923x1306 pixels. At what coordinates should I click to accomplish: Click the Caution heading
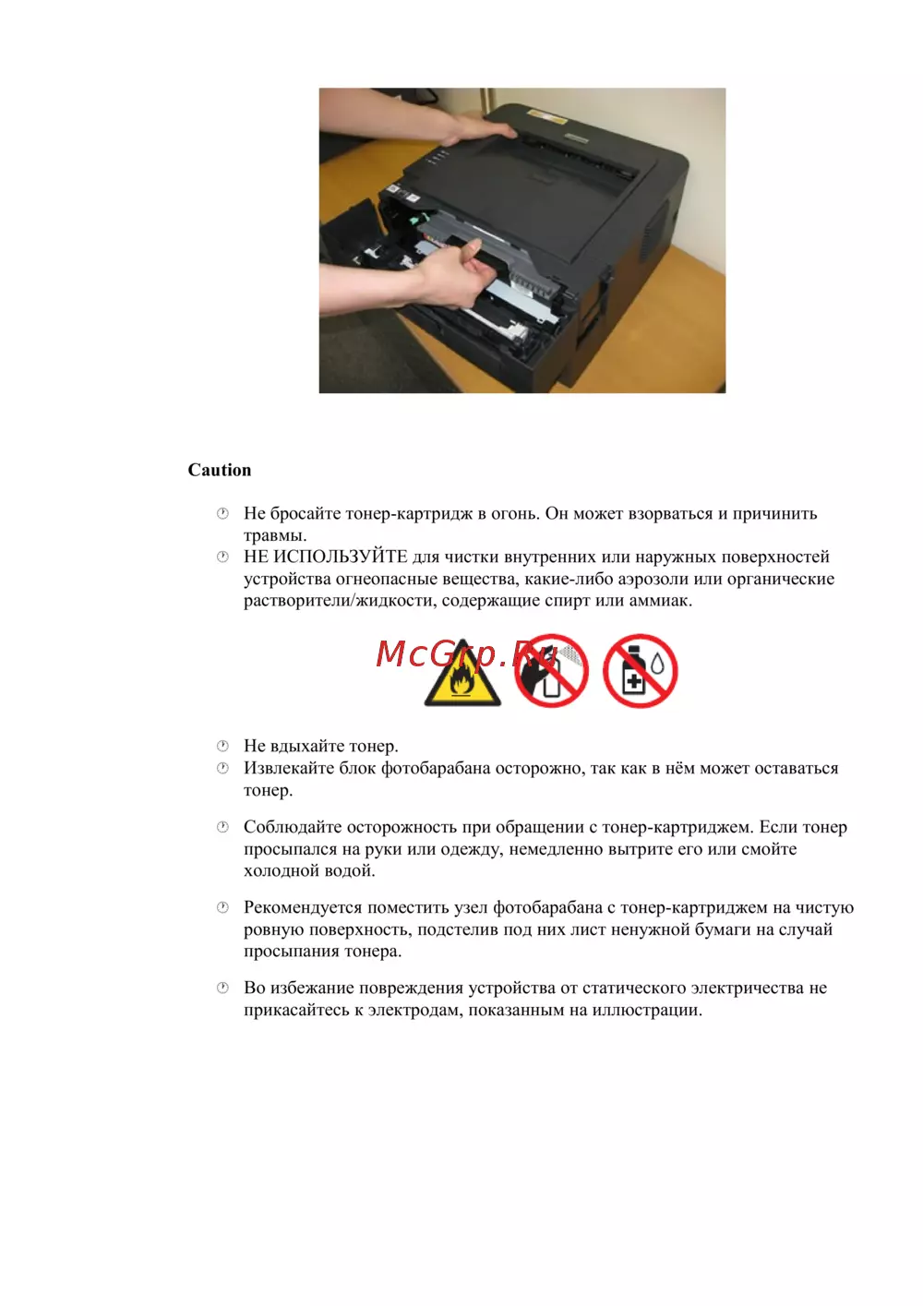[219, 470]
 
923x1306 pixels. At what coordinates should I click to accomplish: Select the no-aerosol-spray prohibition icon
[552, 671]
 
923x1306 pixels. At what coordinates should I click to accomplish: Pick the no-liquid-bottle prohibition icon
[640, 671]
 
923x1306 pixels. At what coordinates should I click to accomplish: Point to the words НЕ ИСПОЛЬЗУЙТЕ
[325, 557]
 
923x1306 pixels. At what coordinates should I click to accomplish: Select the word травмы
[274, 535]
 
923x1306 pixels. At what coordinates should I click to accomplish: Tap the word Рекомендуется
[303, 907]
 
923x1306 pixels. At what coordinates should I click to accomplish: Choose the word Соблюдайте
[288, 827]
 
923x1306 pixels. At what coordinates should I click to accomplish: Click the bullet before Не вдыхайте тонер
[222, 746]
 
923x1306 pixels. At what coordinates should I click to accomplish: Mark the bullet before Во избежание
[222, 988]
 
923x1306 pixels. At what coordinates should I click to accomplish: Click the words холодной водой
[309, 870]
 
